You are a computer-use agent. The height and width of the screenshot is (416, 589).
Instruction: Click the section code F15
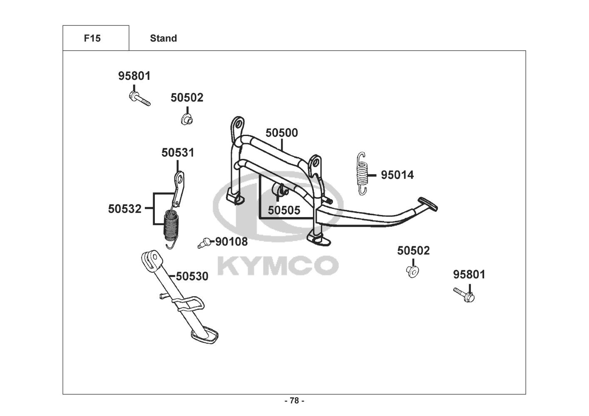tap(92, 38)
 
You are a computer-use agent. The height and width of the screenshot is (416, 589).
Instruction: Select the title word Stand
tap(163, 38)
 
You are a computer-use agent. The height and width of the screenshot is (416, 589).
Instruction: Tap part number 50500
tap(282, 133)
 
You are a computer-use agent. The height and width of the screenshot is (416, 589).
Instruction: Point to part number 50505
tap(283, 210)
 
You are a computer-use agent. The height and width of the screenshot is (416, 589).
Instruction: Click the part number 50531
tap(178, 153)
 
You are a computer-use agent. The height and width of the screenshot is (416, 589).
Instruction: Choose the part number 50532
tap(125, 208)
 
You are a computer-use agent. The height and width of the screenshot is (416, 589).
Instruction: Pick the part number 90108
tap(231, 241)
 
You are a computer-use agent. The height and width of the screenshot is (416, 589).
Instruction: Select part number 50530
tap(192, 276)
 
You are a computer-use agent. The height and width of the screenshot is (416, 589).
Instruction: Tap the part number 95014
tap(397, 175)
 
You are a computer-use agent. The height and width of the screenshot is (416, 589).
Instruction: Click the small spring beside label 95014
tap(362, 173)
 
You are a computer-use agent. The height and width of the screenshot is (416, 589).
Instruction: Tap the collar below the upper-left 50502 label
tap(186, 119)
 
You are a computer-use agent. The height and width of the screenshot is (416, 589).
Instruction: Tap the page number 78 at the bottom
tap(294, 401)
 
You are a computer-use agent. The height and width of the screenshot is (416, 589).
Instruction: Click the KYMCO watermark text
tap(278, 265)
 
